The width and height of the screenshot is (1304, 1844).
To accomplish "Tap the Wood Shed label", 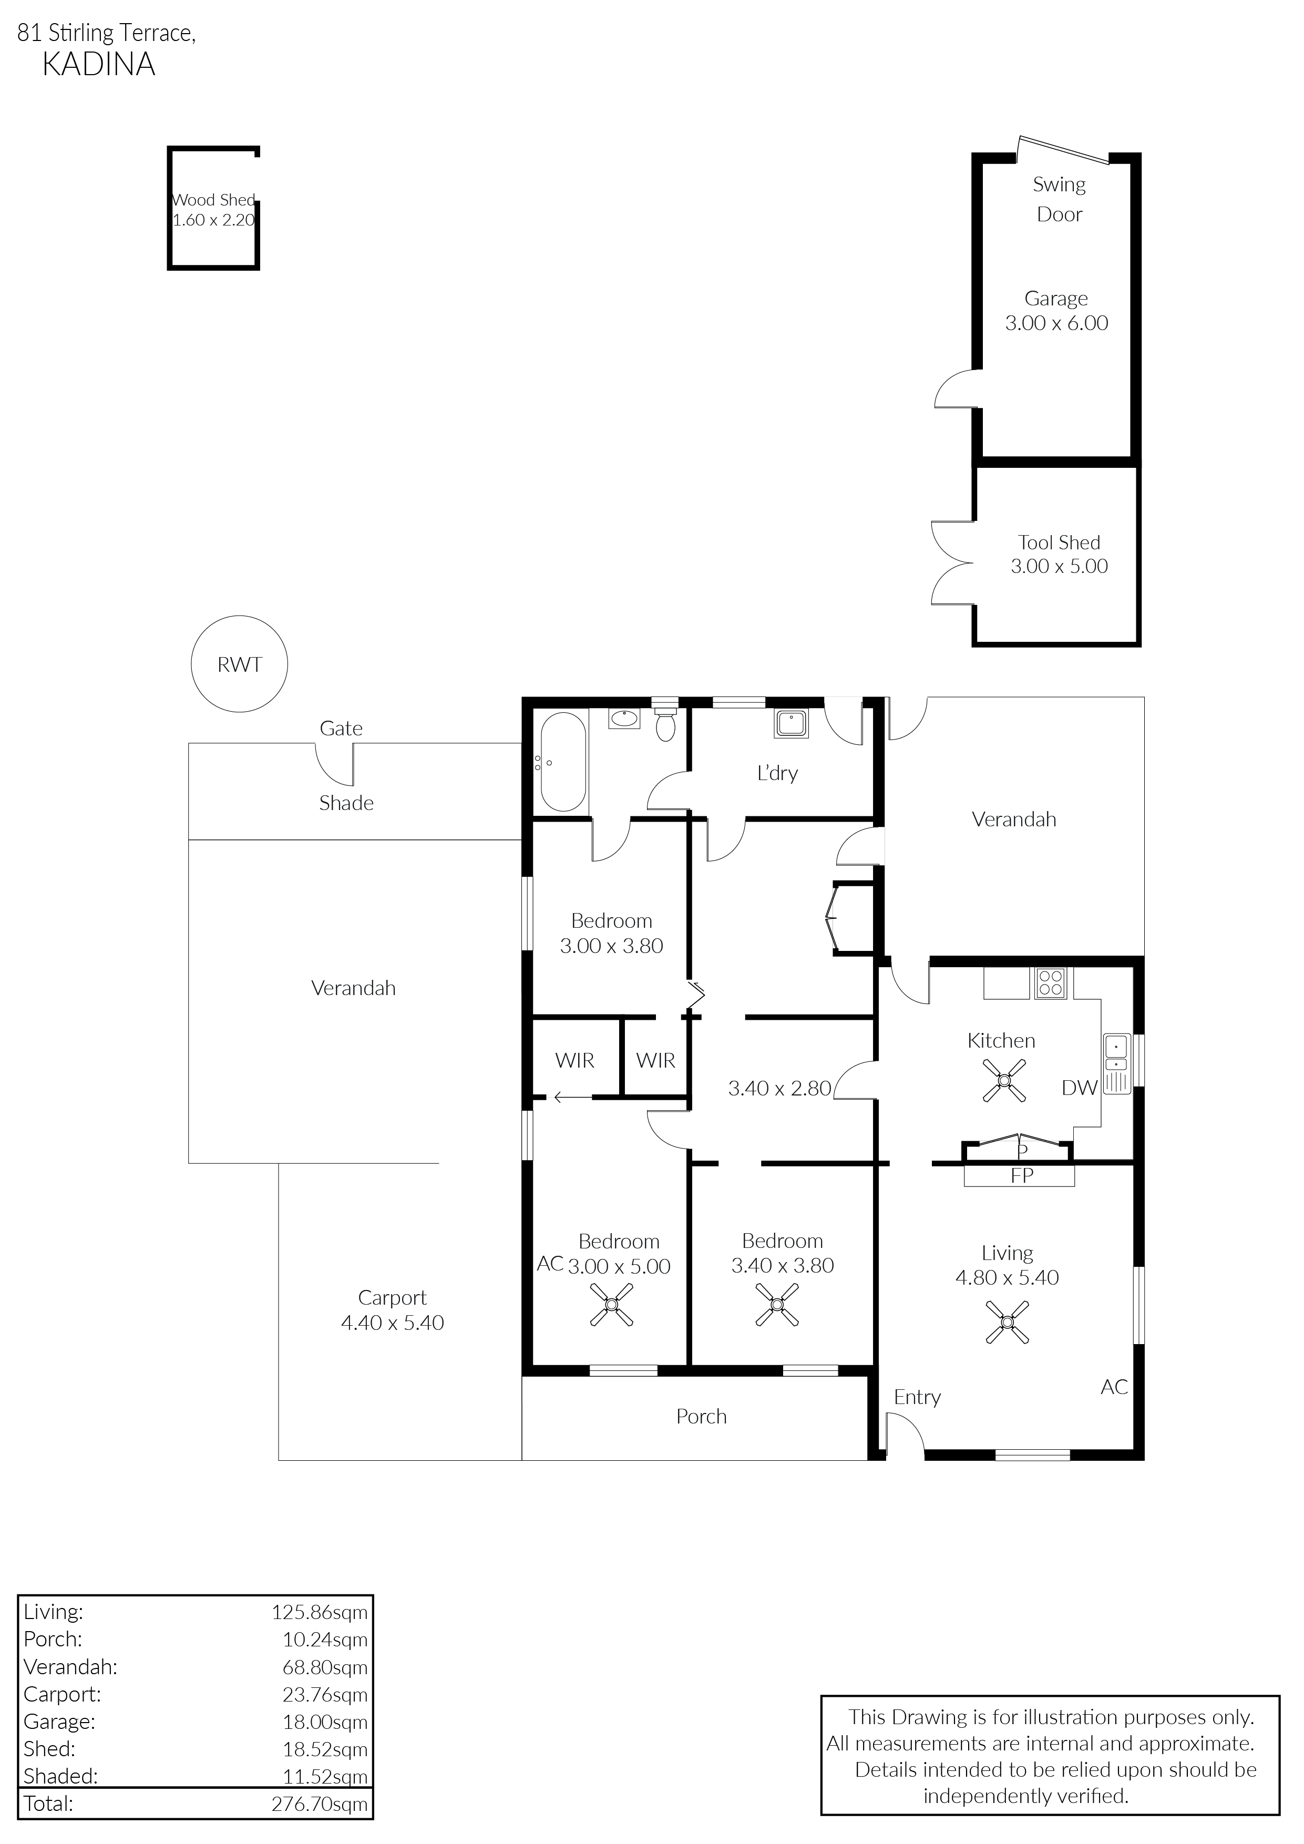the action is pyautogui.click(x=213, y=200).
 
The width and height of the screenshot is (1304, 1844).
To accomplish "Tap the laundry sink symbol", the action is pyautogui.click(x=792, y=724).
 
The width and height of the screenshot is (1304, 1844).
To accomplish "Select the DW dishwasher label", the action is pyautogui.click(x=1079, y=1088).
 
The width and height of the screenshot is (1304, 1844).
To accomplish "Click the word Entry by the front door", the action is pyautogui.click(x=917, y=1398).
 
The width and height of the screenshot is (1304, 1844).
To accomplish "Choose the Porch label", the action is pyautogui.click(x=701, y=1416).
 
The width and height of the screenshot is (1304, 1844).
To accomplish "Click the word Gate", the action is pyautogui.click(x=341, y=729).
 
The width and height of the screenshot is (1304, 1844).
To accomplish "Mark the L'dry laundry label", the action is pyautogui.click(x=777, y=773).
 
